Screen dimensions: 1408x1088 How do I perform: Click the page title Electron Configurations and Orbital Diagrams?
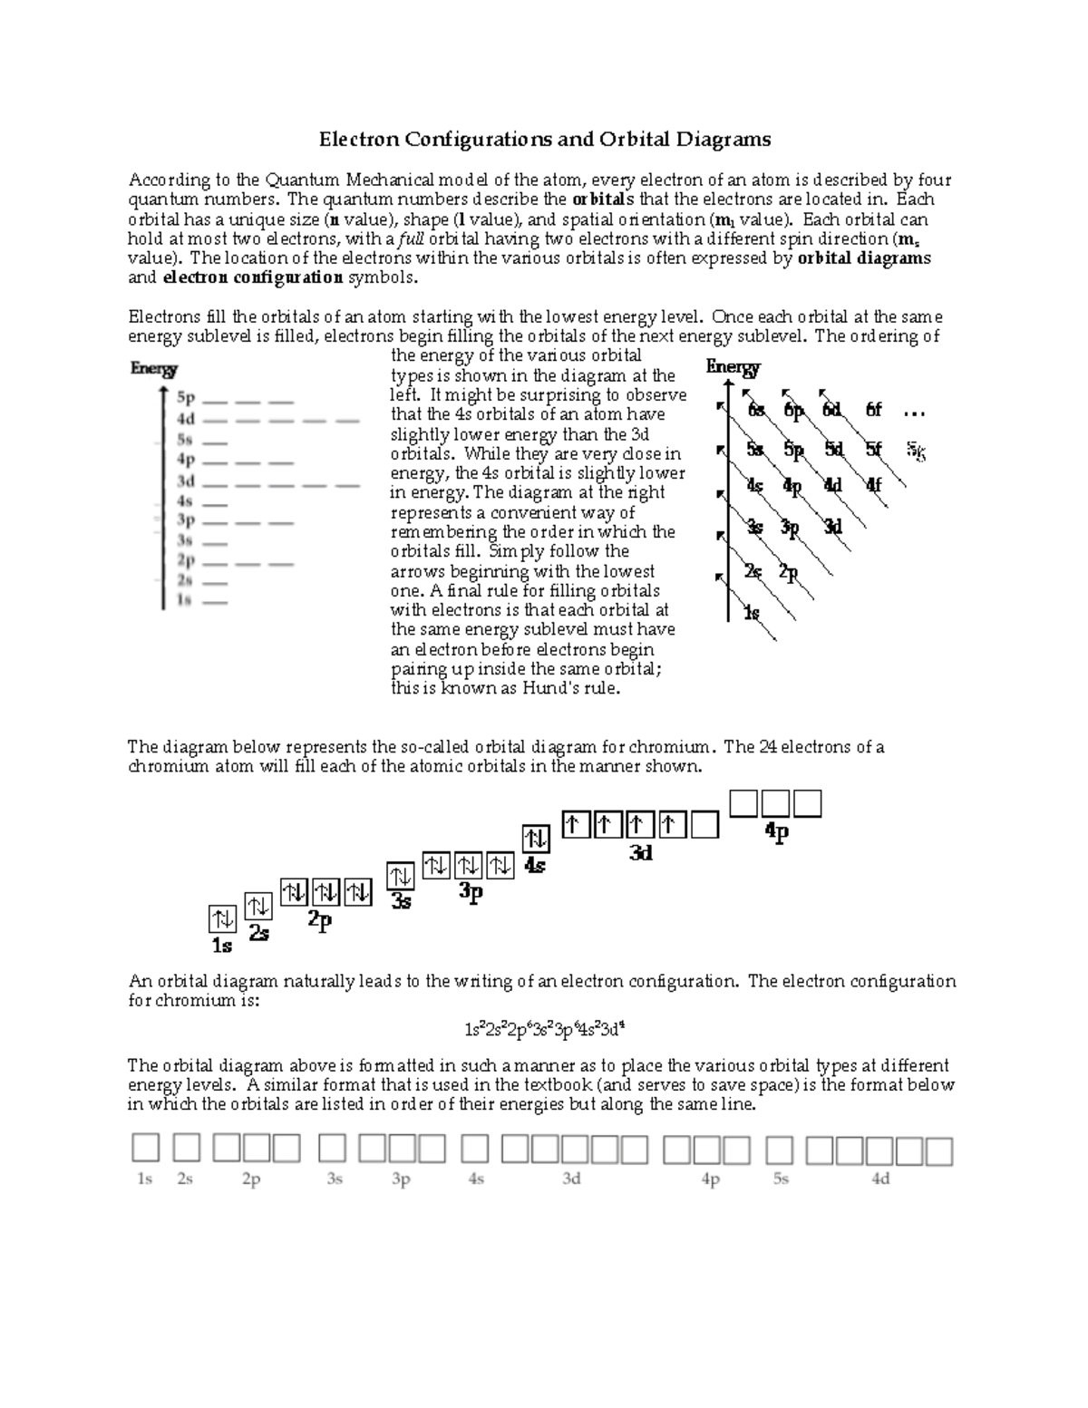click(x=544, y=139)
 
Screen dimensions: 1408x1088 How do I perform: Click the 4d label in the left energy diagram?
click(x=186, y=419)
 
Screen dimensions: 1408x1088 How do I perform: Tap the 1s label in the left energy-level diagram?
click(x=184, y=600)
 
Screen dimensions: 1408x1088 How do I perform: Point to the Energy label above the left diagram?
click(x=153, y=369)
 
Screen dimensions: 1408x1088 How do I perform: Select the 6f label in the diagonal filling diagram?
click(x=873, y=410)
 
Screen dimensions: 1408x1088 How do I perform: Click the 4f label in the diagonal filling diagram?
click(x=873, y=485)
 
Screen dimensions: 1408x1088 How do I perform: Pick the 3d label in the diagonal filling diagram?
click(x=833, y=526)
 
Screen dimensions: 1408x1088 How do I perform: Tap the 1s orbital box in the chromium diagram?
click(x=222, y=918)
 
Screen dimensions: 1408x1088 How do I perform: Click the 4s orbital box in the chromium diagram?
click(x=535, y=838)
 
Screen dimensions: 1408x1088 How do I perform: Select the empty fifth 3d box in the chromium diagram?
click(x=704, y=824)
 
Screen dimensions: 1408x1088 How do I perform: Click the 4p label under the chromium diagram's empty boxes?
click(x=777, y=831)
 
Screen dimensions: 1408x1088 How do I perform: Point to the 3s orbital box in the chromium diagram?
click(x=401, y=877)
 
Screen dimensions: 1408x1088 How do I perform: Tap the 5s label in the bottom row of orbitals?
click(x=781, y=1180)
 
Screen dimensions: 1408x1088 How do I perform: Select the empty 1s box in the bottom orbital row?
click(x=145, y=1148)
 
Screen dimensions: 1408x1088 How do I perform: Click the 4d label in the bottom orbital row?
click(x=880, y=1180)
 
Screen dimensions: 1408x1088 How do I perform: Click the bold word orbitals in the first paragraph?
click(x=603, y=199)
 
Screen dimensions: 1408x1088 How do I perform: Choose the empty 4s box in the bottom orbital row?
click(x=474, y=1149)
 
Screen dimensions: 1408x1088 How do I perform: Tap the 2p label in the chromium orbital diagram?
click(x=320, y=920)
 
